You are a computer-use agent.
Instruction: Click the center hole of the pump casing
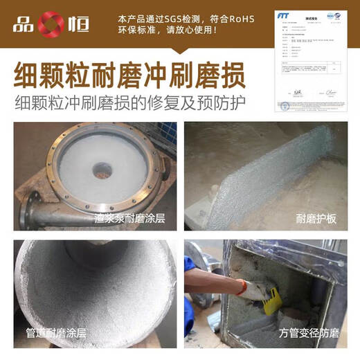pyautogui.click(x=103, y=170)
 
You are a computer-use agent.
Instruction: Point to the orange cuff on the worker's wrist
pyautogui.click(x=241, y=287)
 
